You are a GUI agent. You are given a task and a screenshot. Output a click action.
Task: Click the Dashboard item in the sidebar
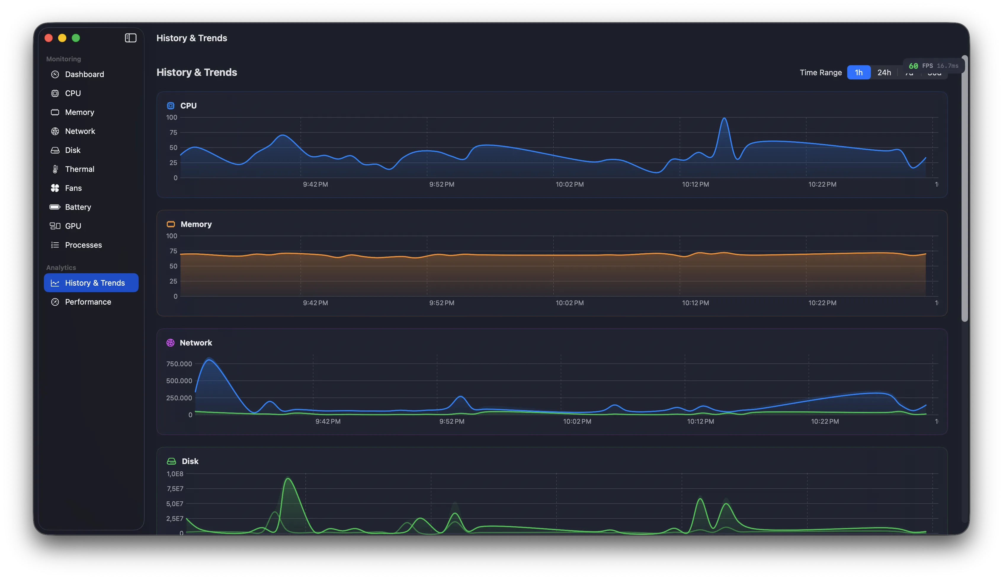tap(84, 74)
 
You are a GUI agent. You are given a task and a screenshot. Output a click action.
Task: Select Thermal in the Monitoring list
tap(79, 169)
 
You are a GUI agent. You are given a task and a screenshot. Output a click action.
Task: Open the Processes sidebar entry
tap(83, 245)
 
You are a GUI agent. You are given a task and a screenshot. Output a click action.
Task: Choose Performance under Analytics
tap(88, 302)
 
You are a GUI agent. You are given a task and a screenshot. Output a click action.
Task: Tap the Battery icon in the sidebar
tap(55, 207)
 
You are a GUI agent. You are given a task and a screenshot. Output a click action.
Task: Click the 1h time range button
tap(858, 72)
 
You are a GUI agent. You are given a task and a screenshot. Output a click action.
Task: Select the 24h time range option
tap(884, 72)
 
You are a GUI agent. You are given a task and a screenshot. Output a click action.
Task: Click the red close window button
tap(49, 38)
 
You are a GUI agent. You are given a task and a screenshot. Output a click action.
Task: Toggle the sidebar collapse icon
tap(130, 38)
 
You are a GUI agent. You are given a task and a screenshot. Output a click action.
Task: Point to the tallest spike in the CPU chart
tap(724, 119)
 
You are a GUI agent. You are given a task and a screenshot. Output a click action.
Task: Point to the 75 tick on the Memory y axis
tap(173, 251)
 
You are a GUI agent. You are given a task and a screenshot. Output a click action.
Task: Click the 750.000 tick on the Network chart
tap(179, 364)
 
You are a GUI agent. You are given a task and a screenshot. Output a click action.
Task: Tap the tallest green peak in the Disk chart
tap(288, 479)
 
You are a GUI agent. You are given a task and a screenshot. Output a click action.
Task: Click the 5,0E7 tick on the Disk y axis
tap(175, 503)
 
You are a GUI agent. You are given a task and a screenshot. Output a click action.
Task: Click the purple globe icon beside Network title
tap(170, 343)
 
